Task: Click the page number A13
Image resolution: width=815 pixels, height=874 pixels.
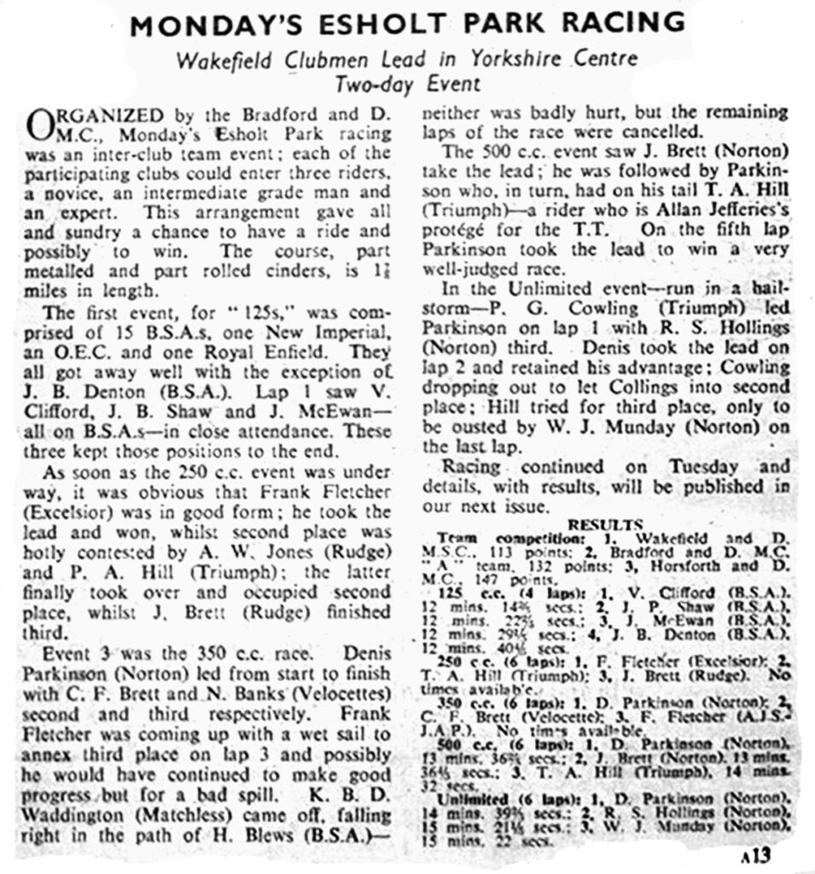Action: click(x=757, y=855)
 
